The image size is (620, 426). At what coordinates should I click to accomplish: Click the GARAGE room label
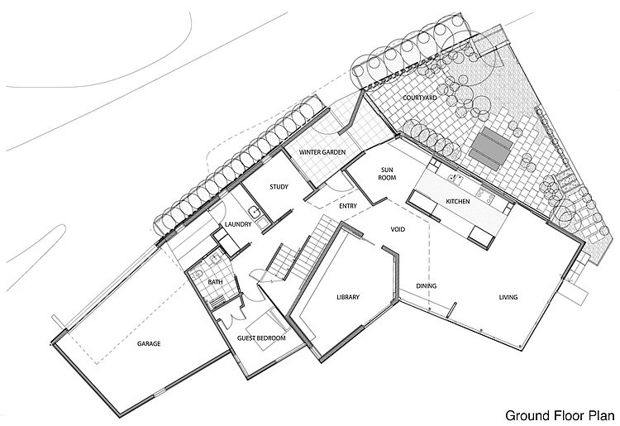(149, 344)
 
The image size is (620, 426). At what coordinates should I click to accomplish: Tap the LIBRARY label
(348, 297)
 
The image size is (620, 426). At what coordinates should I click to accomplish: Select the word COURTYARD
(419, 98)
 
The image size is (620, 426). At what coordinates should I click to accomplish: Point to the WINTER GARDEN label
(322, 152)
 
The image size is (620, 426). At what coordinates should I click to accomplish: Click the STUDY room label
(279, 187)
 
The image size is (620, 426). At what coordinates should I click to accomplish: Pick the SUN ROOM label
(387, 174)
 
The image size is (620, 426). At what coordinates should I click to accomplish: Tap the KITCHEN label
(458, 202)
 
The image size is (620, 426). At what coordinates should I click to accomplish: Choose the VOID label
(398, 229)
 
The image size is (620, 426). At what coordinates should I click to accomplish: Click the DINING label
(427, 286)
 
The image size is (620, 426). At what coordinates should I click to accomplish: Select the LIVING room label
(508, 297)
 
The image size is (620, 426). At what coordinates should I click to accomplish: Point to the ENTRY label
(348, 206)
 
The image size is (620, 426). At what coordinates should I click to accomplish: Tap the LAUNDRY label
(238, 224)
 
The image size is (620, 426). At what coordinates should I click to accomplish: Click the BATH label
(215, 282)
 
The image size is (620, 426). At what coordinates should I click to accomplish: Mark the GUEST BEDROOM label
(261, 338)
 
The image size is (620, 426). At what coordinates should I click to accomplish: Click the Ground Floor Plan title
(560, 416)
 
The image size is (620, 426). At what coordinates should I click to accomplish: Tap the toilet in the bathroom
(198, 274)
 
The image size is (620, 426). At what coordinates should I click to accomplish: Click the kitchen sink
(456, 179)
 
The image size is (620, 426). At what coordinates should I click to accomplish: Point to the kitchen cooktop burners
(484, 195)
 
